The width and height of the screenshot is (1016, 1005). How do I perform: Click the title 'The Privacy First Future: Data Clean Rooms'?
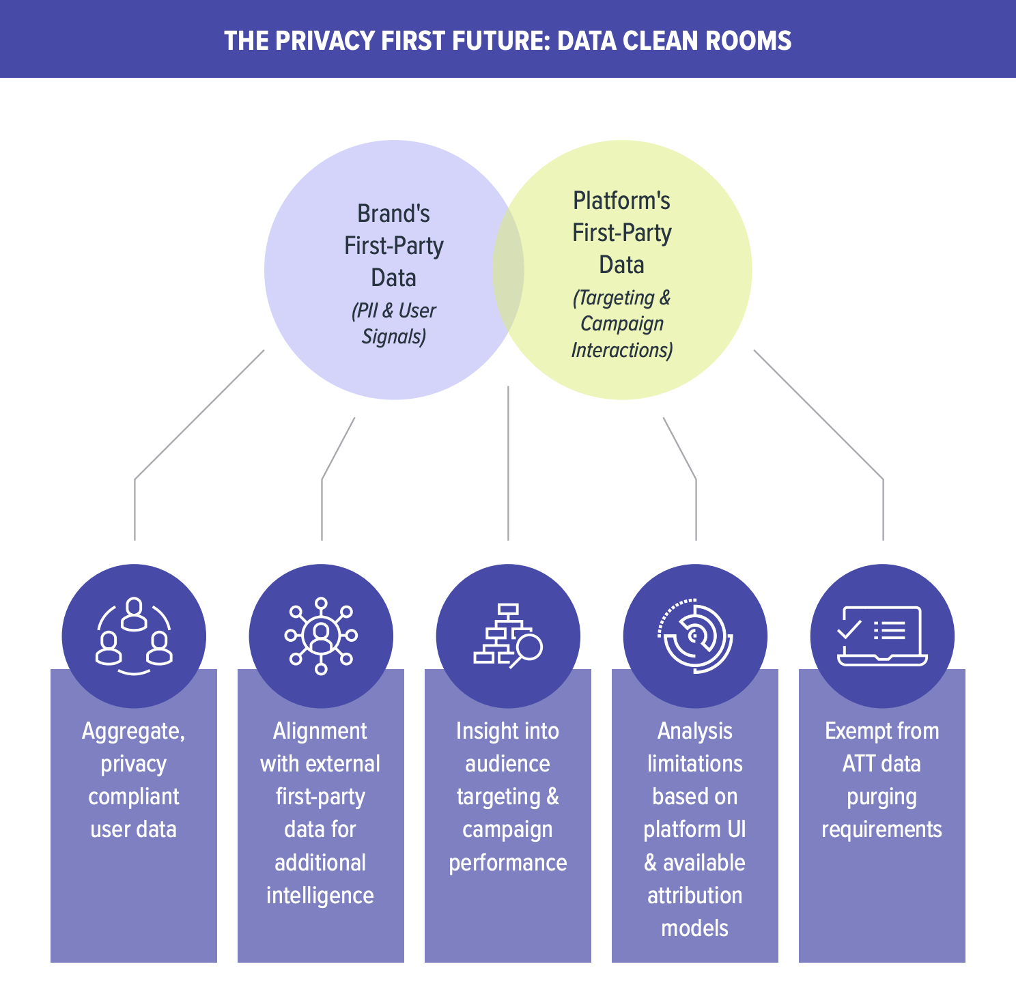507,40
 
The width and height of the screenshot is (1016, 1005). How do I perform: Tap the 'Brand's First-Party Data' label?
394,246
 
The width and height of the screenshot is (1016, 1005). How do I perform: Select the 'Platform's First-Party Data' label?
622,233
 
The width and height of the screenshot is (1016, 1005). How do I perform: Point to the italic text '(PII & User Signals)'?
394,324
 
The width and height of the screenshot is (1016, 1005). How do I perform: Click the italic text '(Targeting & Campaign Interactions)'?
622,324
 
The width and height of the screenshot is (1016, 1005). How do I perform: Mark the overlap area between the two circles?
509,270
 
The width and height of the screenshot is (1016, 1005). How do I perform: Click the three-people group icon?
134,636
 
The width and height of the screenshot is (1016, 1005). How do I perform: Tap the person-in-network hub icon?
321,636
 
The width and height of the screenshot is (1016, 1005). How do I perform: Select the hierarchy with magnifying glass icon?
508,636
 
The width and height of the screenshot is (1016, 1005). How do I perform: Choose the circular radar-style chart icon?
695,636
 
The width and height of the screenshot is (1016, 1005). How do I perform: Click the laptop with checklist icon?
882,636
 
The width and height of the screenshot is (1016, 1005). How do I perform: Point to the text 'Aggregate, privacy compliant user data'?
134,780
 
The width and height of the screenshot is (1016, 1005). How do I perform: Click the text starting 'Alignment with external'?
320,812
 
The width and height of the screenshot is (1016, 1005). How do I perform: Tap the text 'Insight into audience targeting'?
508,796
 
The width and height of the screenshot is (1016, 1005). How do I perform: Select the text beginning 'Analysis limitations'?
695,829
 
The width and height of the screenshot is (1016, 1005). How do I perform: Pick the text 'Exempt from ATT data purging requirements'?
882,780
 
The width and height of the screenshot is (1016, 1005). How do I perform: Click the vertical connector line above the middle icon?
508,464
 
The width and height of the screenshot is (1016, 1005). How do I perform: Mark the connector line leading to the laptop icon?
819,415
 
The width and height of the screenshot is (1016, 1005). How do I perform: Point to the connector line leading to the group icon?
198,415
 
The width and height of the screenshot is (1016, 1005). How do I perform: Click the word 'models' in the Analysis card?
695,928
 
